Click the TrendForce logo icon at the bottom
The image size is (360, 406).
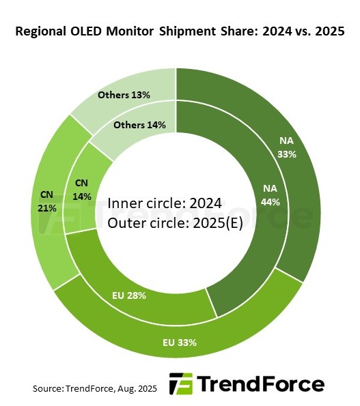(x=180, y=383)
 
